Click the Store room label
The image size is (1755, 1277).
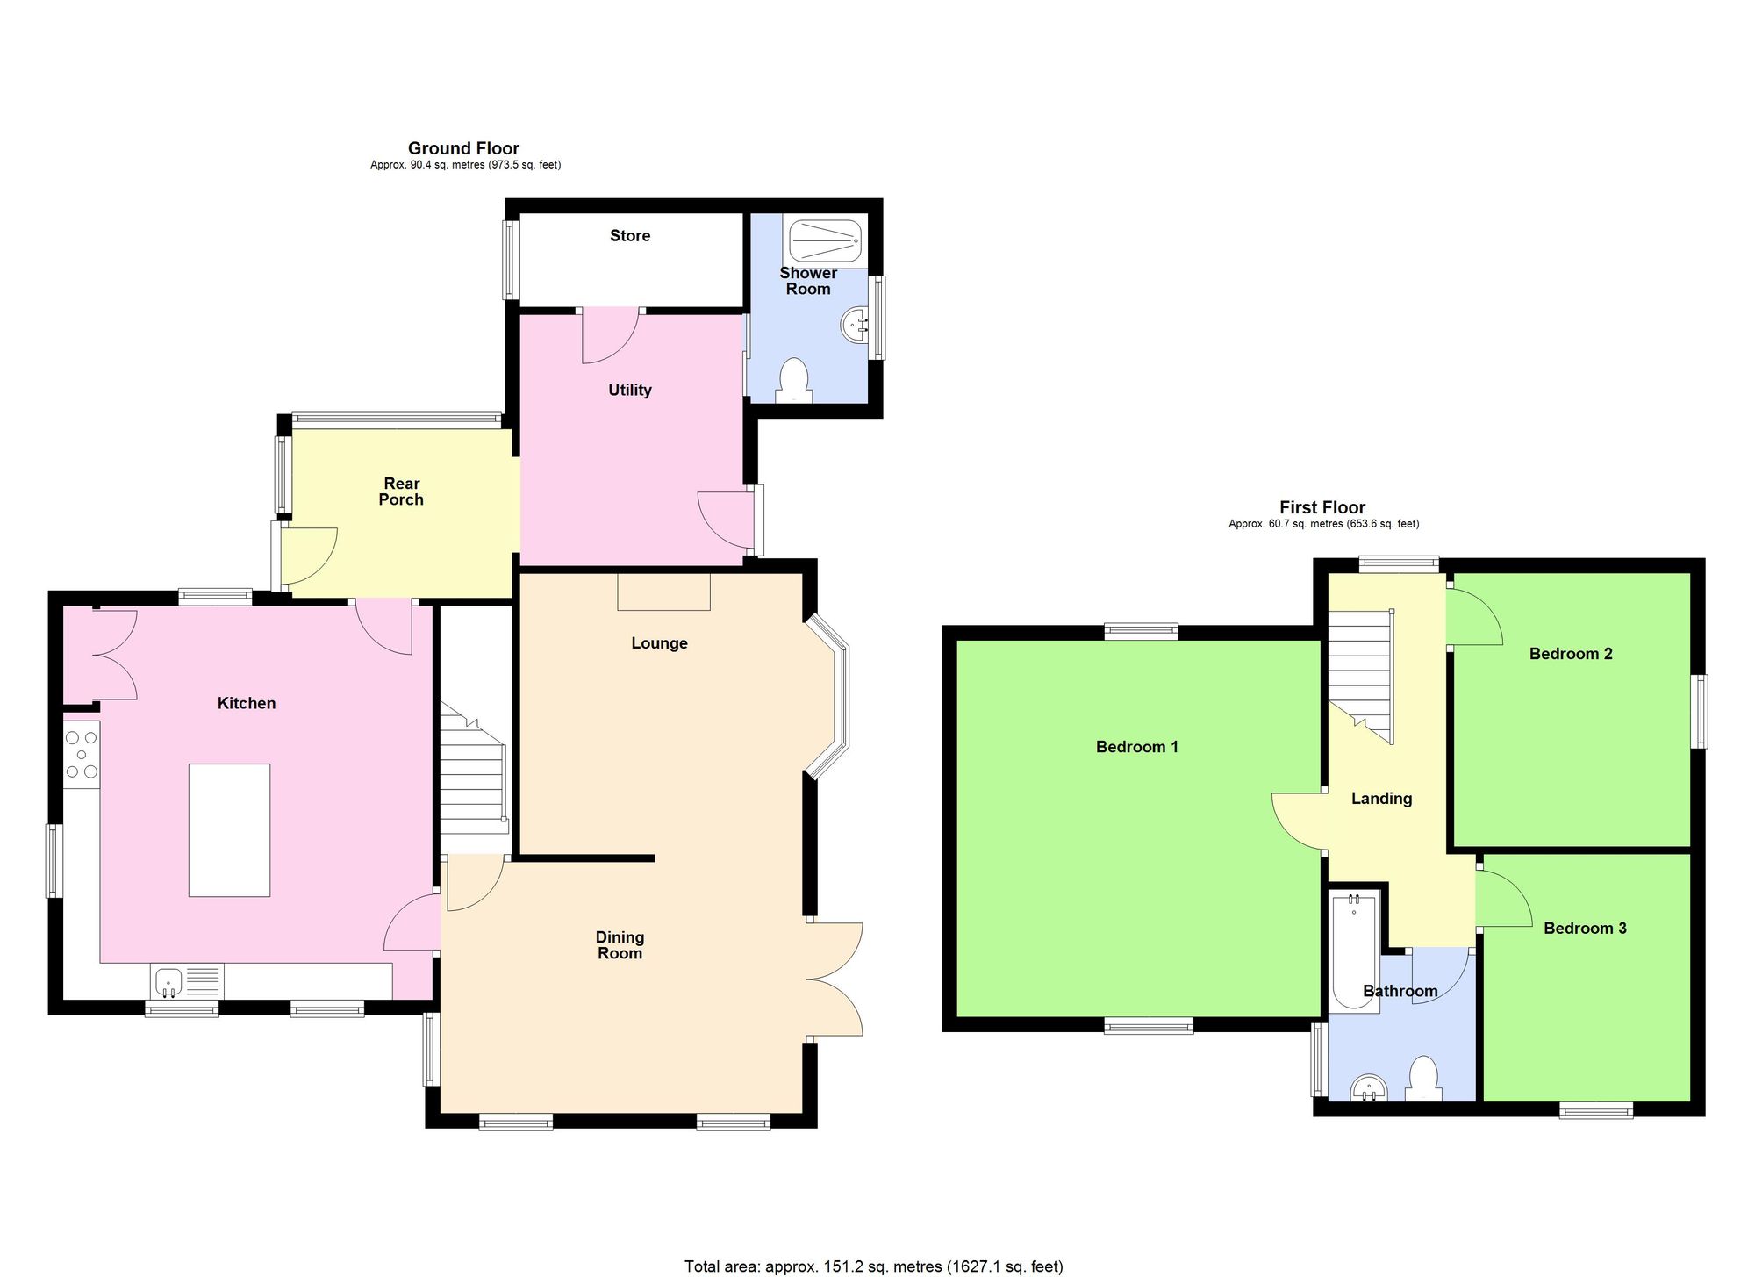630,235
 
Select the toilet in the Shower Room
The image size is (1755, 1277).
794,380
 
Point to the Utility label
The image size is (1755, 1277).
630,390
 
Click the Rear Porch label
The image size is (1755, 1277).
401,491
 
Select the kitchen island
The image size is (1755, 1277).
229,829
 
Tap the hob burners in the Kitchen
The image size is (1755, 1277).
82,754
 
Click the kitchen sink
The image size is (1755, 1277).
169,980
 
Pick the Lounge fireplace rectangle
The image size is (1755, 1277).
663,592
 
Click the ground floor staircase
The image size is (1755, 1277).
473,772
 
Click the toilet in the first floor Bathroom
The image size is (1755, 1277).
1423,1080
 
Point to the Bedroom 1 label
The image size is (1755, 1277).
1136,747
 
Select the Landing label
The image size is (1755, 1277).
1381,799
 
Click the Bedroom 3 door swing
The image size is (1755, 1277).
1502,899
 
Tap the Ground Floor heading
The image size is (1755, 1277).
463,148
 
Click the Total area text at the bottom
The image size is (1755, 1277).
873,1266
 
